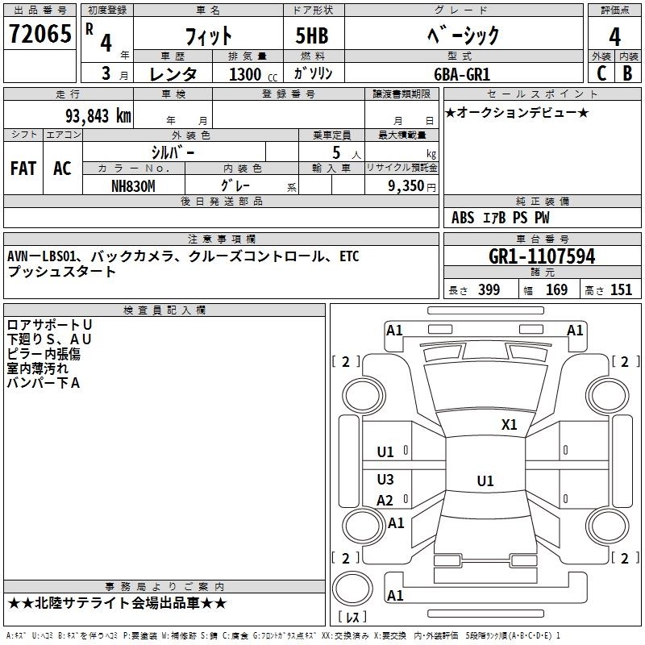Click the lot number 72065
pyautogui.click(x=40, y=33)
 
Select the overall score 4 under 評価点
pyautogui.click(x=614, y=36)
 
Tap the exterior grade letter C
pyautogui.click(x=601, y=73)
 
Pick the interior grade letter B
pyautogui.click(x=627, y=73)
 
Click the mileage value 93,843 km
pyautogui.click(x=98, y=116)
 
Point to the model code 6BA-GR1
pyautogui.click(x=462, y=74)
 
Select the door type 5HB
pyautogui.click(x=312, y=35)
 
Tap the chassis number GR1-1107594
pyautogui.click(x=542, y=256)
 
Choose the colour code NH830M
pyautogui.click(x=133, y=186)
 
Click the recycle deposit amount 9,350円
pyautogui.click(x=412, y=186)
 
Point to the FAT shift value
pyautogui.click(x=23, y=169)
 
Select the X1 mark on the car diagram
pyautogui.click(x=510, y=425)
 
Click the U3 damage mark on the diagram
pyautogui.click(x=385, y=479)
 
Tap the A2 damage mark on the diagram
pyautogui.click(x=385, y=500)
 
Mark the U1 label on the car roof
pyautogui.click(x=485, y=481)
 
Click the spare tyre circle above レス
pyautogui.click(x=352, y=588)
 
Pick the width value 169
pyautogui.click(x=556, y=289)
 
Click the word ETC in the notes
pyautogui.click(x=349, y=256)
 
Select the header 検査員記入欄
pyautogui.click(x=164, y=310)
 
